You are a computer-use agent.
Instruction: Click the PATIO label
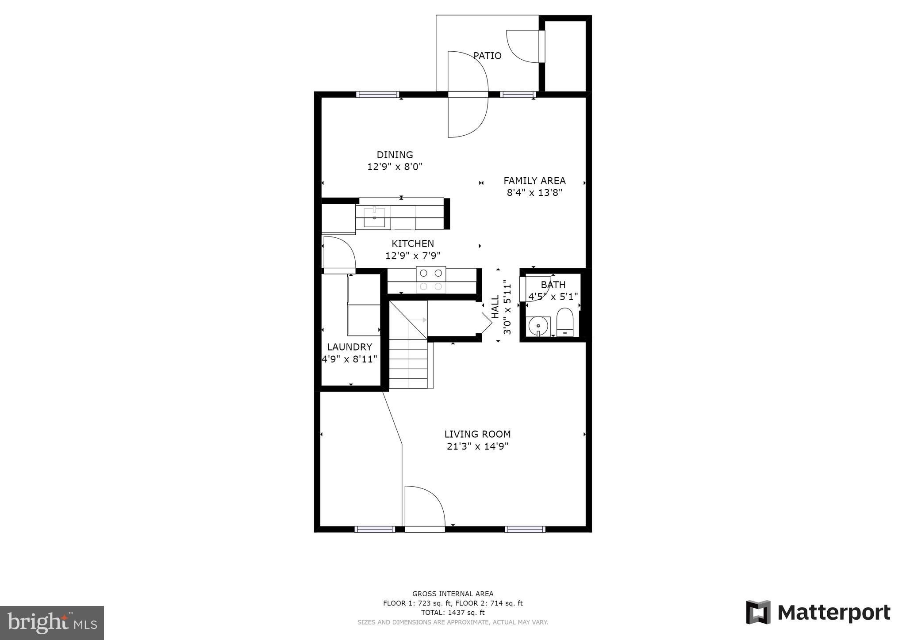[487, 56]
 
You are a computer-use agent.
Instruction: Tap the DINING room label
[395, 155]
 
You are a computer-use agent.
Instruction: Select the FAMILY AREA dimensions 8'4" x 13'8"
[534, 193]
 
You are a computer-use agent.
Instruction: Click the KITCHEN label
[412, 244]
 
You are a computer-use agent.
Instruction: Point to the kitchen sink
[374, 217]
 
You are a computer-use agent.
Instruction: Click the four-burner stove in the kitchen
[430, 280]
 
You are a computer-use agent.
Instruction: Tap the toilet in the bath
[564, 322]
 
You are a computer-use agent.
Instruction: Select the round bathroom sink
[538, 326]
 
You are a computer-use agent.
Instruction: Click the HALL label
[495, 306]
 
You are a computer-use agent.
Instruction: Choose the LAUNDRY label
[349, 347]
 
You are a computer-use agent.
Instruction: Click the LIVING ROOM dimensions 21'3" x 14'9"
[477, 446]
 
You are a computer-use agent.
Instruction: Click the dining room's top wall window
[377, 94]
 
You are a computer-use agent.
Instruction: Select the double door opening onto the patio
[468, 94]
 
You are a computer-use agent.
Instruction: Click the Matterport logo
[818, 613]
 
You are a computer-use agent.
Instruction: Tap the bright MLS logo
[52, 623]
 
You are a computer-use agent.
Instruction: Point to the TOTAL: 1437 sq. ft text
[453, 613]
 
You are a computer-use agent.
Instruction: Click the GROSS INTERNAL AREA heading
[453, 594]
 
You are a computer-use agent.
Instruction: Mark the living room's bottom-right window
[525, 529]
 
